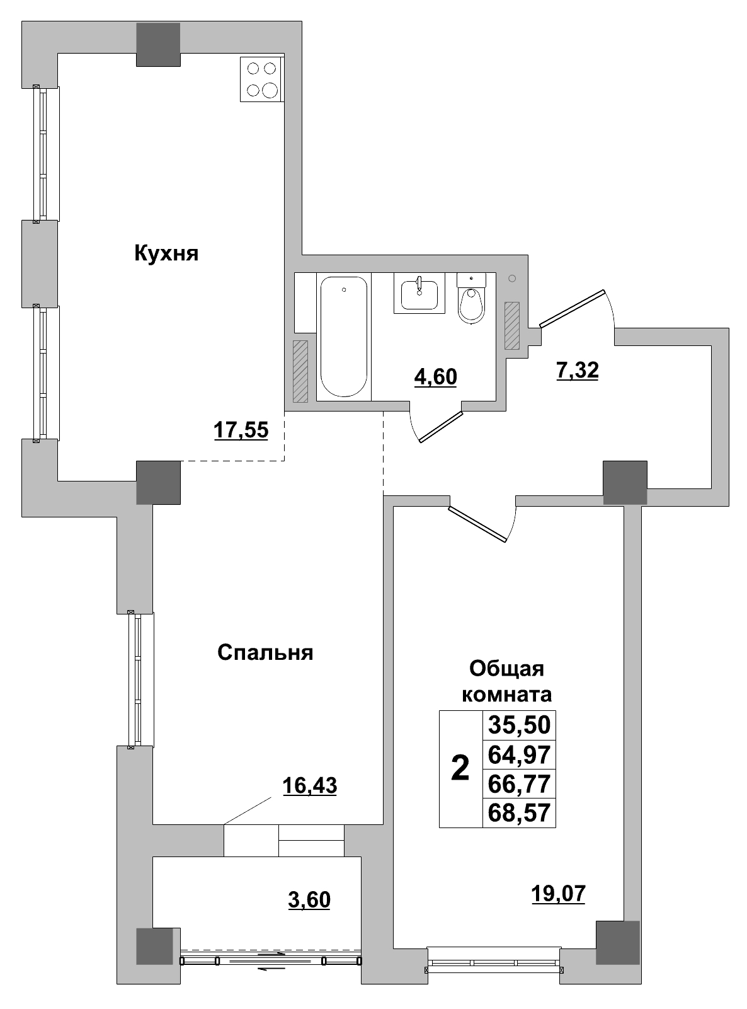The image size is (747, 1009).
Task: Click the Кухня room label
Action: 166,254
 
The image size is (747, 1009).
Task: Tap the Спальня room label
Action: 265,652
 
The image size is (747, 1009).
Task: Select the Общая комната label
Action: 507,681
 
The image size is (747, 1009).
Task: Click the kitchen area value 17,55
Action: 241,430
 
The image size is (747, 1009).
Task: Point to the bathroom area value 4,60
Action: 435,377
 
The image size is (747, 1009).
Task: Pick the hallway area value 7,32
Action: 577,371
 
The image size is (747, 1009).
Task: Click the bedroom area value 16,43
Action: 309,785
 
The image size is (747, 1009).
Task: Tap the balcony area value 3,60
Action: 309,899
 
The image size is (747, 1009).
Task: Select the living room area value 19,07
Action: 558,893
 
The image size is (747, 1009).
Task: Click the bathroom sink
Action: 419,294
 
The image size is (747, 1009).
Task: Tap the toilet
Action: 472,300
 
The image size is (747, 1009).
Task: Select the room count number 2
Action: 460,769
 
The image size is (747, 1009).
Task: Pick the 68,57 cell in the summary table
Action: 520,814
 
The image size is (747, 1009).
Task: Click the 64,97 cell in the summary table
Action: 520,754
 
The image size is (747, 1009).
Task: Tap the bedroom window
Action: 135,680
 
